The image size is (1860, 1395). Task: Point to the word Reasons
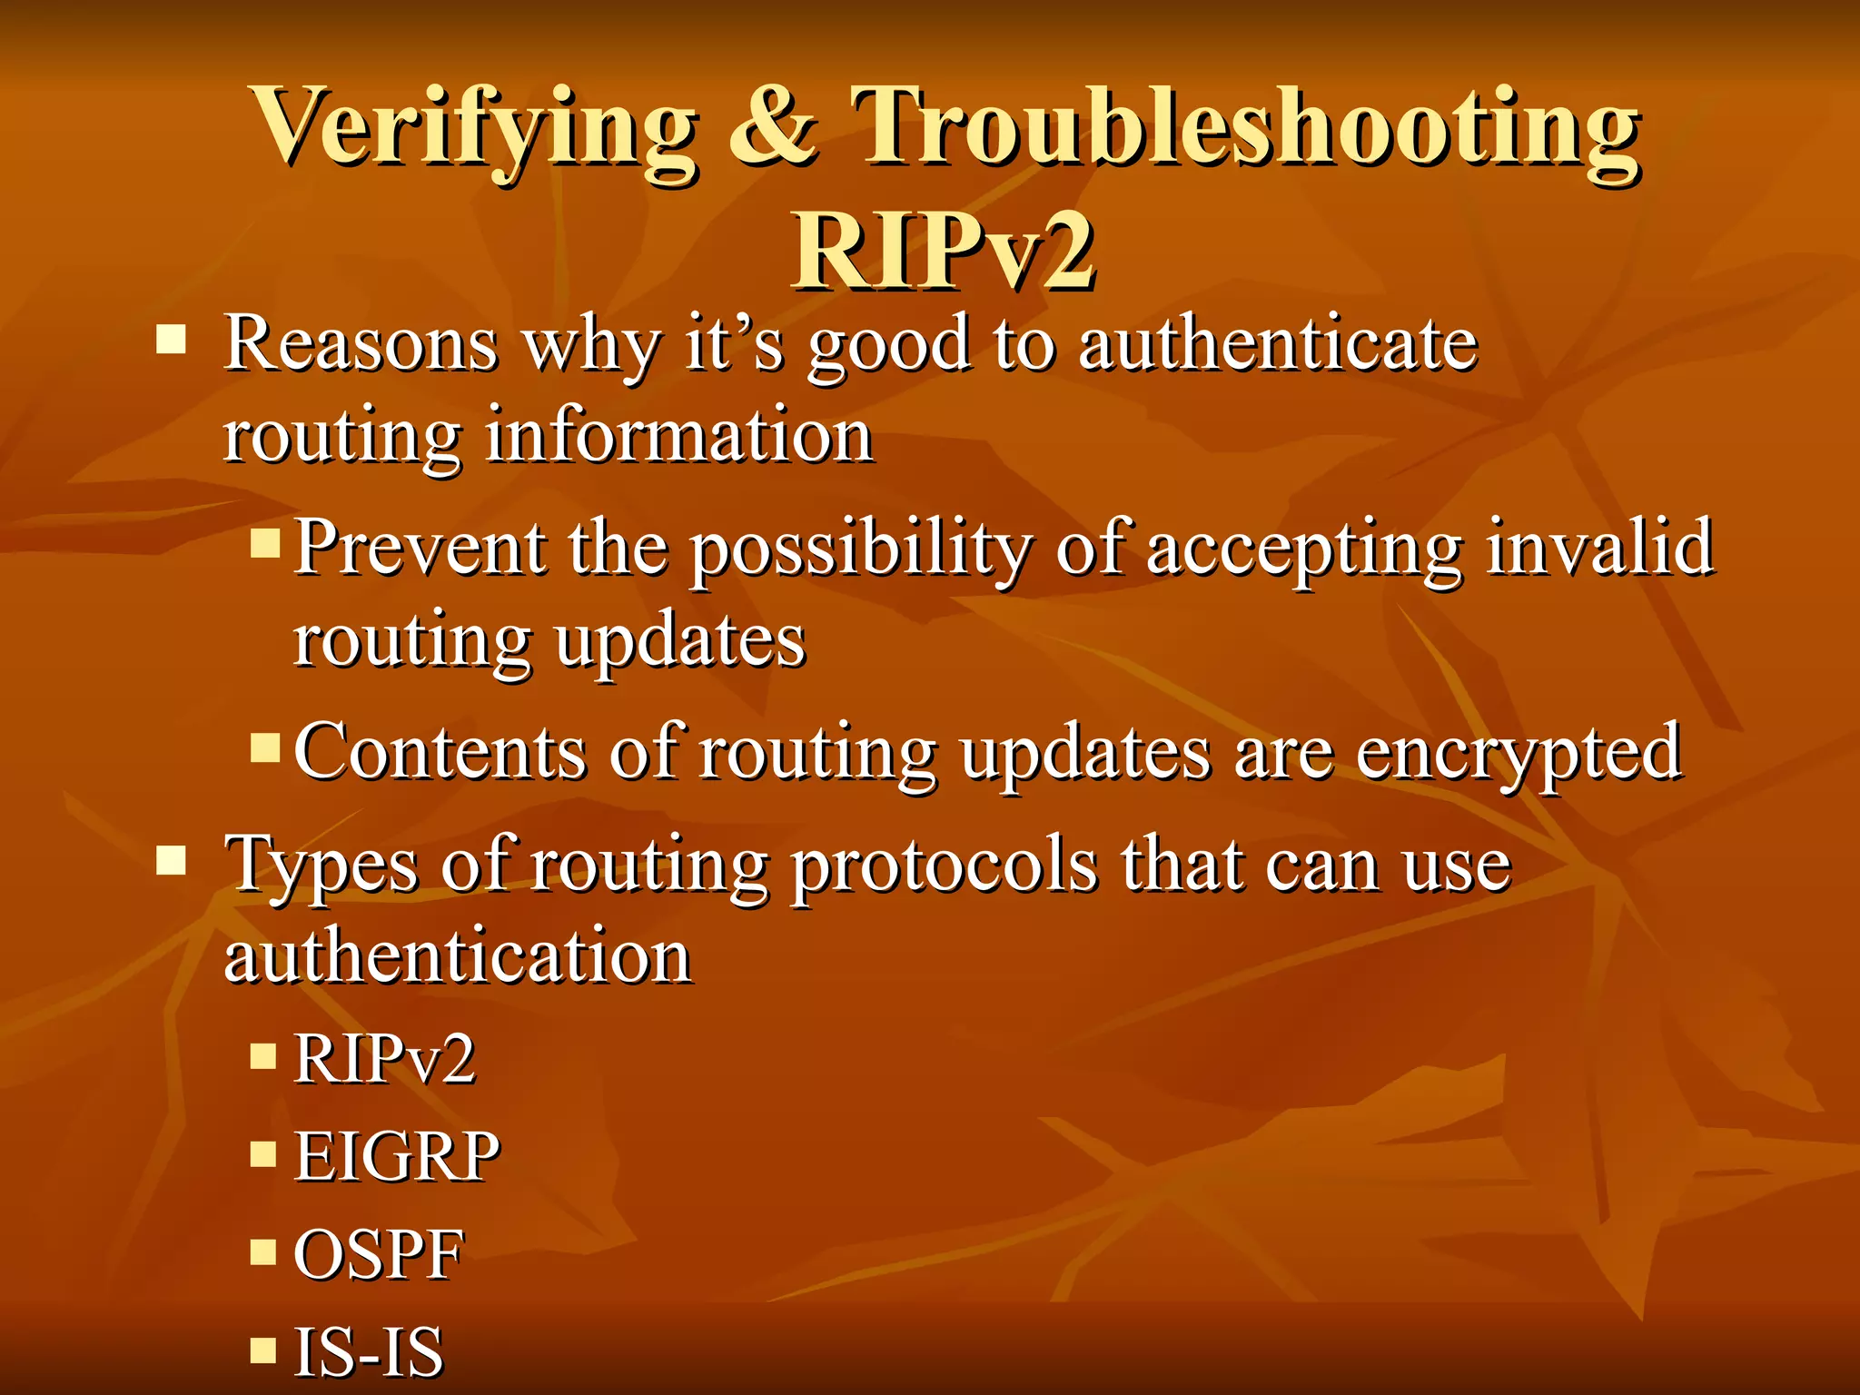click(x=361, y=344)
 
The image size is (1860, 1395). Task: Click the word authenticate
click(x=1278, y=344)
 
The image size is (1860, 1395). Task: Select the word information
click(x=679, y=436)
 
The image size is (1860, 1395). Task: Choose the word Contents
click(x=440, y=752)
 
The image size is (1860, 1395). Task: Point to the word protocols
click(x=945, y=866)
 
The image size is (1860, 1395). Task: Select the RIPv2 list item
click(x=384, y=1059)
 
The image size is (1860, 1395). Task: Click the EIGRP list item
click(x=397, y=1156)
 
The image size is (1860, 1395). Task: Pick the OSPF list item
click(x=379, y=1254)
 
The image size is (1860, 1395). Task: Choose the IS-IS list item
click(x=369, y=1351)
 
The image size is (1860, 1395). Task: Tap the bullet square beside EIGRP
click(x=263, y=1153)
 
